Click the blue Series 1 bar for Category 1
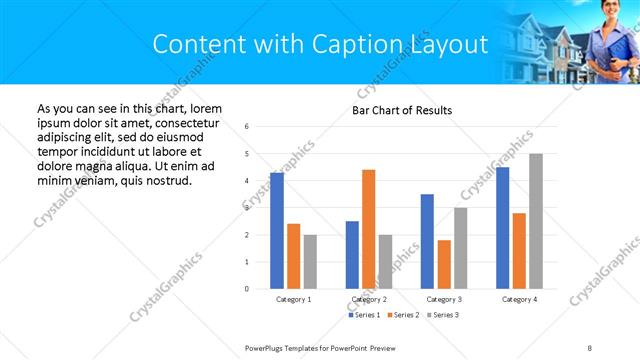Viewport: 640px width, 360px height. (277, 231)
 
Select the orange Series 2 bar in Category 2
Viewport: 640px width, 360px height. (368, 229)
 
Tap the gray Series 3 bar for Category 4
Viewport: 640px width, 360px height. (536, 221)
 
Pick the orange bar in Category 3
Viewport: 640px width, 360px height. (444, 264)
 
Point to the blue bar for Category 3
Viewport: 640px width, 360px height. (427, 241)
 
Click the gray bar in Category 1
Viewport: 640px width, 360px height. (310, 262)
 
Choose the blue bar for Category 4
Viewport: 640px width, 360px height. (502, 228)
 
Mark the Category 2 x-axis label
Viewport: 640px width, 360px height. (368, 299)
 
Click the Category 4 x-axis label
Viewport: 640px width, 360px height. (519, 299)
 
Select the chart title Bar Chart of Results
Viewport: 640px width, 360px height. (402, 110)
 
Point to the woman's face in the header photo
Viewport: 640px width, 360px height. (609, 11)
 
